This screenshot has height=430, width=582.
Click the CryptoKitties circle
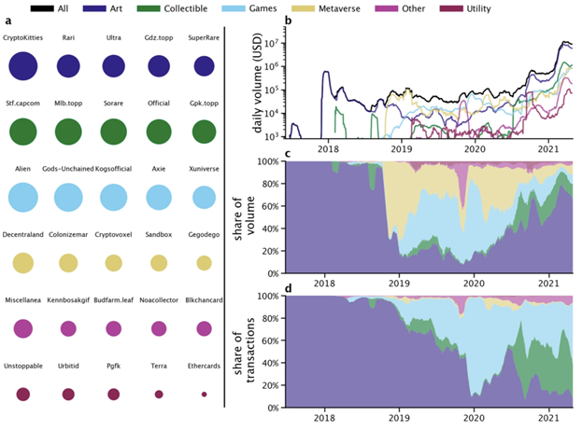point(22,66)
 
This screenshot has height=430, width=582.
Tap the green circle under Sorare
point(113,132)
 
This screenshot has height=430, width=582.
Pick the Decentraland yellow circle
point(22,263)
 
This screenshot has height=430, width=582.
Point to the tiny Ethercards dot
point(204,395)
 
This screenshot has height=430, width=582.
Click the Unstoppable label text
point(22,368)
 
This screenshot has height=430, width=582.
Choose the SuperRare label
point(204,38)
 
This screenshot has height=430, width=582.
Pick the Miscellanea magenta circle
point(22,328)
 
